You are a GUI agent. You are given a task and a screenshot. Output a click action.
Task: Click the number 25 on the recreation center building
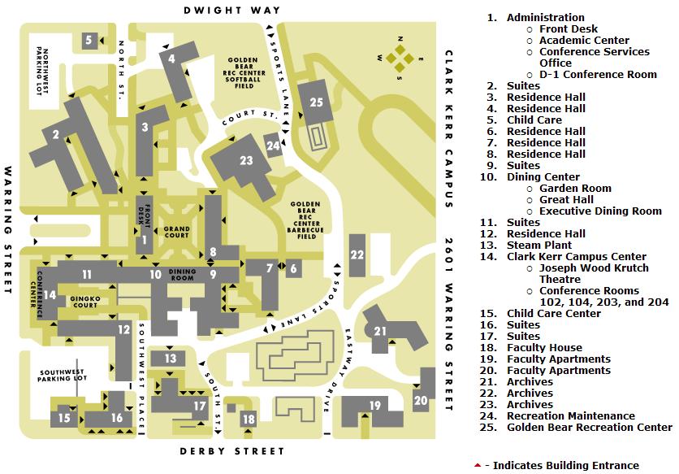[x=317, y=102]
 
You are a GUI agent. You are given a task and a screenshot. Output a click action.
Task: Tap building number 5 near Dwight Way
[x=89, y=39]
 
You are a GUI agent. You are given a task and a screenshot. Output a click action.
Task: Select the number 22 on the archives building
[x=357, y=254]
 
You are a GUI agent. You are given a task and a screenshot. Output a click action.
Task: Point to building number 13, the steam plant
[x=170, y=359]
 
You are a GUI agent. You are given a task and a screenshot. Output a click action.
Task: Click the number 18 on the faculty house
[x=249, y=419]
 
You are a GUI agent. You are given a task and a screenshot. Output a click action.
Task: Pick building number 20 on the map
[x=421, y=399]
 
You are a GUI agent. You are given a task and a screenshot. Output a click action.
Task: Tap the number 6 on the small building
[x=293, y=267]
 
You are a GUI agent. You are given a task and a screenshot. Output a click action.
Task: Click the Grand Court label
[x=177, y=233]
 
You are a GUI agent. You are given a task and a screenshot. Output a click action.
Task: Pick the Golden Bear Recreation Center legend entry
[x=589, y=427]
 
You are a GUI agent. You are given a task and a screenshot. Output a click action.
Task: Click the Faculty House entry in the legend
[x=544, y=347]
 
